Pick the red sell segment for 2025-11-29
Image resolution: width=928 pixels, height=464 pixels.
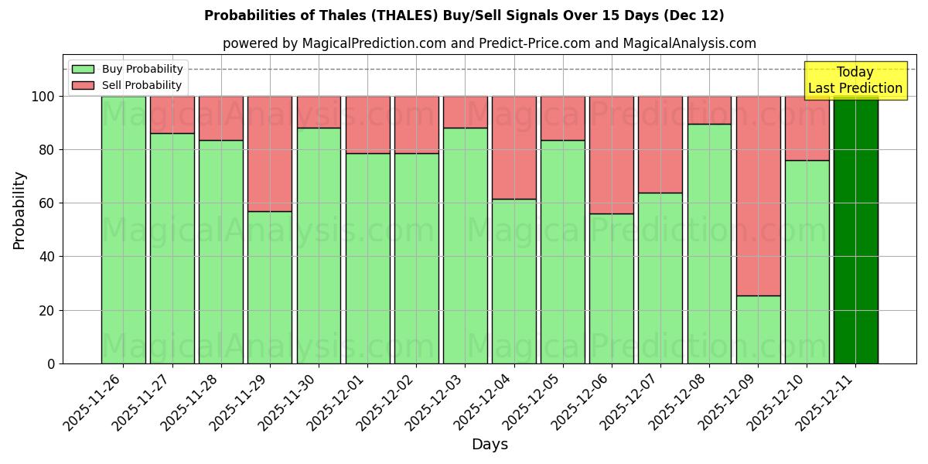click(270, 154)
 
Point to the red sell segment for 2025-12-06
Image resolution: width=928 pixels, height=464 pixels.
click(612, 155)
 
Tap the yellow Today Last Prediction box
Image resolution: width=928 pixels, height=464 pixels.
click(855, 80)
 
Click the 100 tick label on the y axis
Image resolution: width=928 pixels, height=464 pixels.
click(43, 97)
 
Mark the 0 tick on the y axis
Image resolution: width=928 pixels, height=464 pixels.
click(51, 363)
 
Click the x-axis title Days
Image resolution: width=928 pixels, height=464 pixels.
click(490, 445)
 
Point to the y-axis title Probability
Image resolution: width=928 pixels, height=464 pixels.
click(19, 210)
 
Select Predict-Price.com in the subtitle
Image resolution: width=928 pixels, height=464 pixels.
click(520, 43)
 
